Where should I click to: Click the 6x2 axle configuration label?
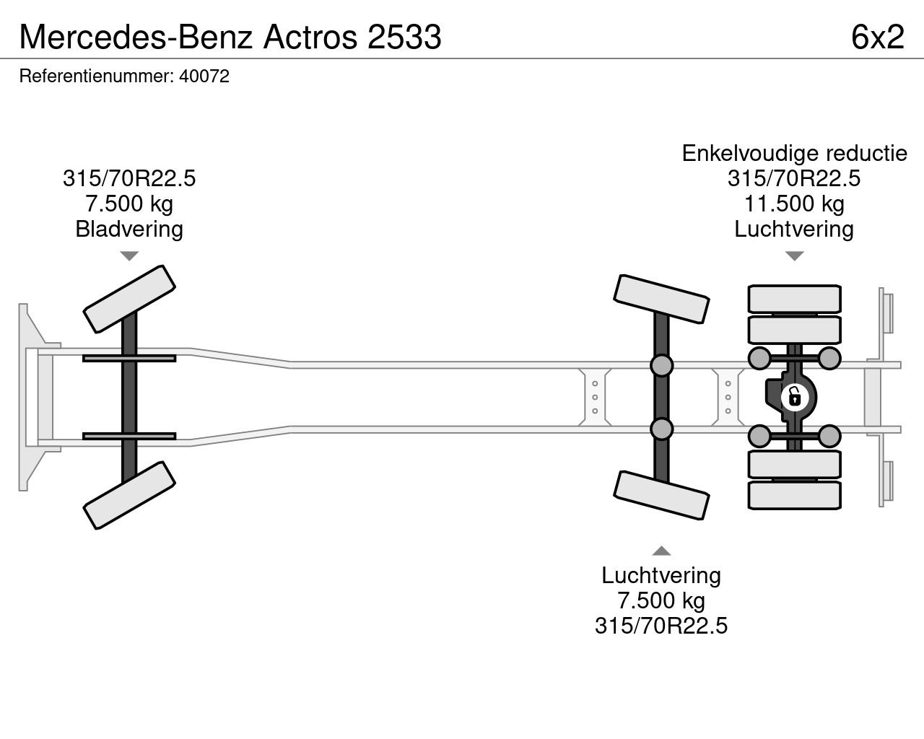[x=877, y=36]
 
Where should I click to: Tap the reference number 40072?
[x=204, y=76]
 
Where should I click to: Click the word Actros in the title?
[x=310, y=36]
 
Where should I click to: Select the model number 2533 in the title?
[x=404, y=36]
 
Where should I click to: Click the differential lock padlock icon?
[x=793, y=397]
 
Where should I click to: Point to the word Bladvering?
[x=129, y=229]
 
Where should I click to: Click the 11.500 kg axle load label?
[x=794, y=204]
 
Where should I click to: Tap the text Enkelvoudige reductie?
[x=794, y=153]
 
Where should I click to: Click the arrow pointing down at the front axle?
[x=129, y=256]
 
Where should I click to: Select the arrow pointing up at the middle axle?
[x=661, y=551]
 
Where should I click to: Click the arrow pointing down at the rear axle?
[x=794, y=256]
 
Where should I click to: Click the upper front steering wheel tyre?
[x=130, y=299]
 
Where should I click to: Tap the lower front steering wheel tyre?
[x=130, y=495]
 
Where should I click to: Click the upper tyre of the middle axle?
[x=661, y=299]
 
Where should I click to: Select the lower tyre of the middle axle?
[x=661, y=495]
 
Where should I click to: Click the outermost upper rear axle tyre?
[x=794, y=299]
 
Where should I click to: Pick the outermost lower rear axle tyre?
[x=794, y=495]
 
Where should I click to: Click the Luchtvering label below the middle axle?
[x=661, y=575]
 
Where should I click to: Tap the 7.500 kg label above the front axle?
[x=129, y=204]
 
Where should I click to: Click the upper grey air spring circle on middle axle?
[x=661, y=365]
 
